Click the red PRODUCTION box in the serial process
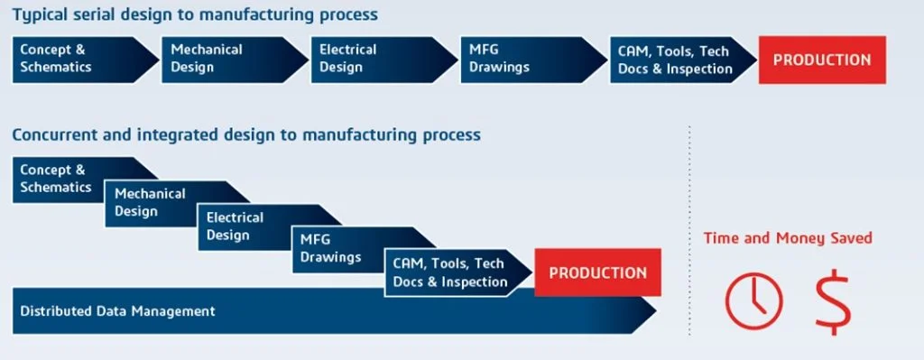click(x=822, y=60)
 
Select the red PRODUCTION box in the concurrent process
click(x=597, y=272)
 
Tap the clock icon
click(x=753, y=300)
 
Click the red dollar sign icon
click(x=833, y=301)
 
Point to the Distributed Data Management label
click(x=117, y=311)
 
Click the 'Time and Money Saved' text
click(x=788, y=238)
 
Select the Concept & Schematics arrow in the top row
click(x=86, y=60)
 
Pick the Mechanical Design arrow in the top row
click(x=236, y=60)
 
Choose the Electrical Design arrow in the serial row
click(x=384, y=60)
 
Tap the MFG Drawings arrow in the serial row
click(x=534, y=60)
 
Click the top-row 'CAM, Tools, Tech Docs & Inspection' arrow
click(x=684, y=60)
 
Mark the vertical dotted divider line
click(x=688, y=230)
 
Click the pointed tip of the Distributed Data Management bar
click(x=656, y=311)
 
